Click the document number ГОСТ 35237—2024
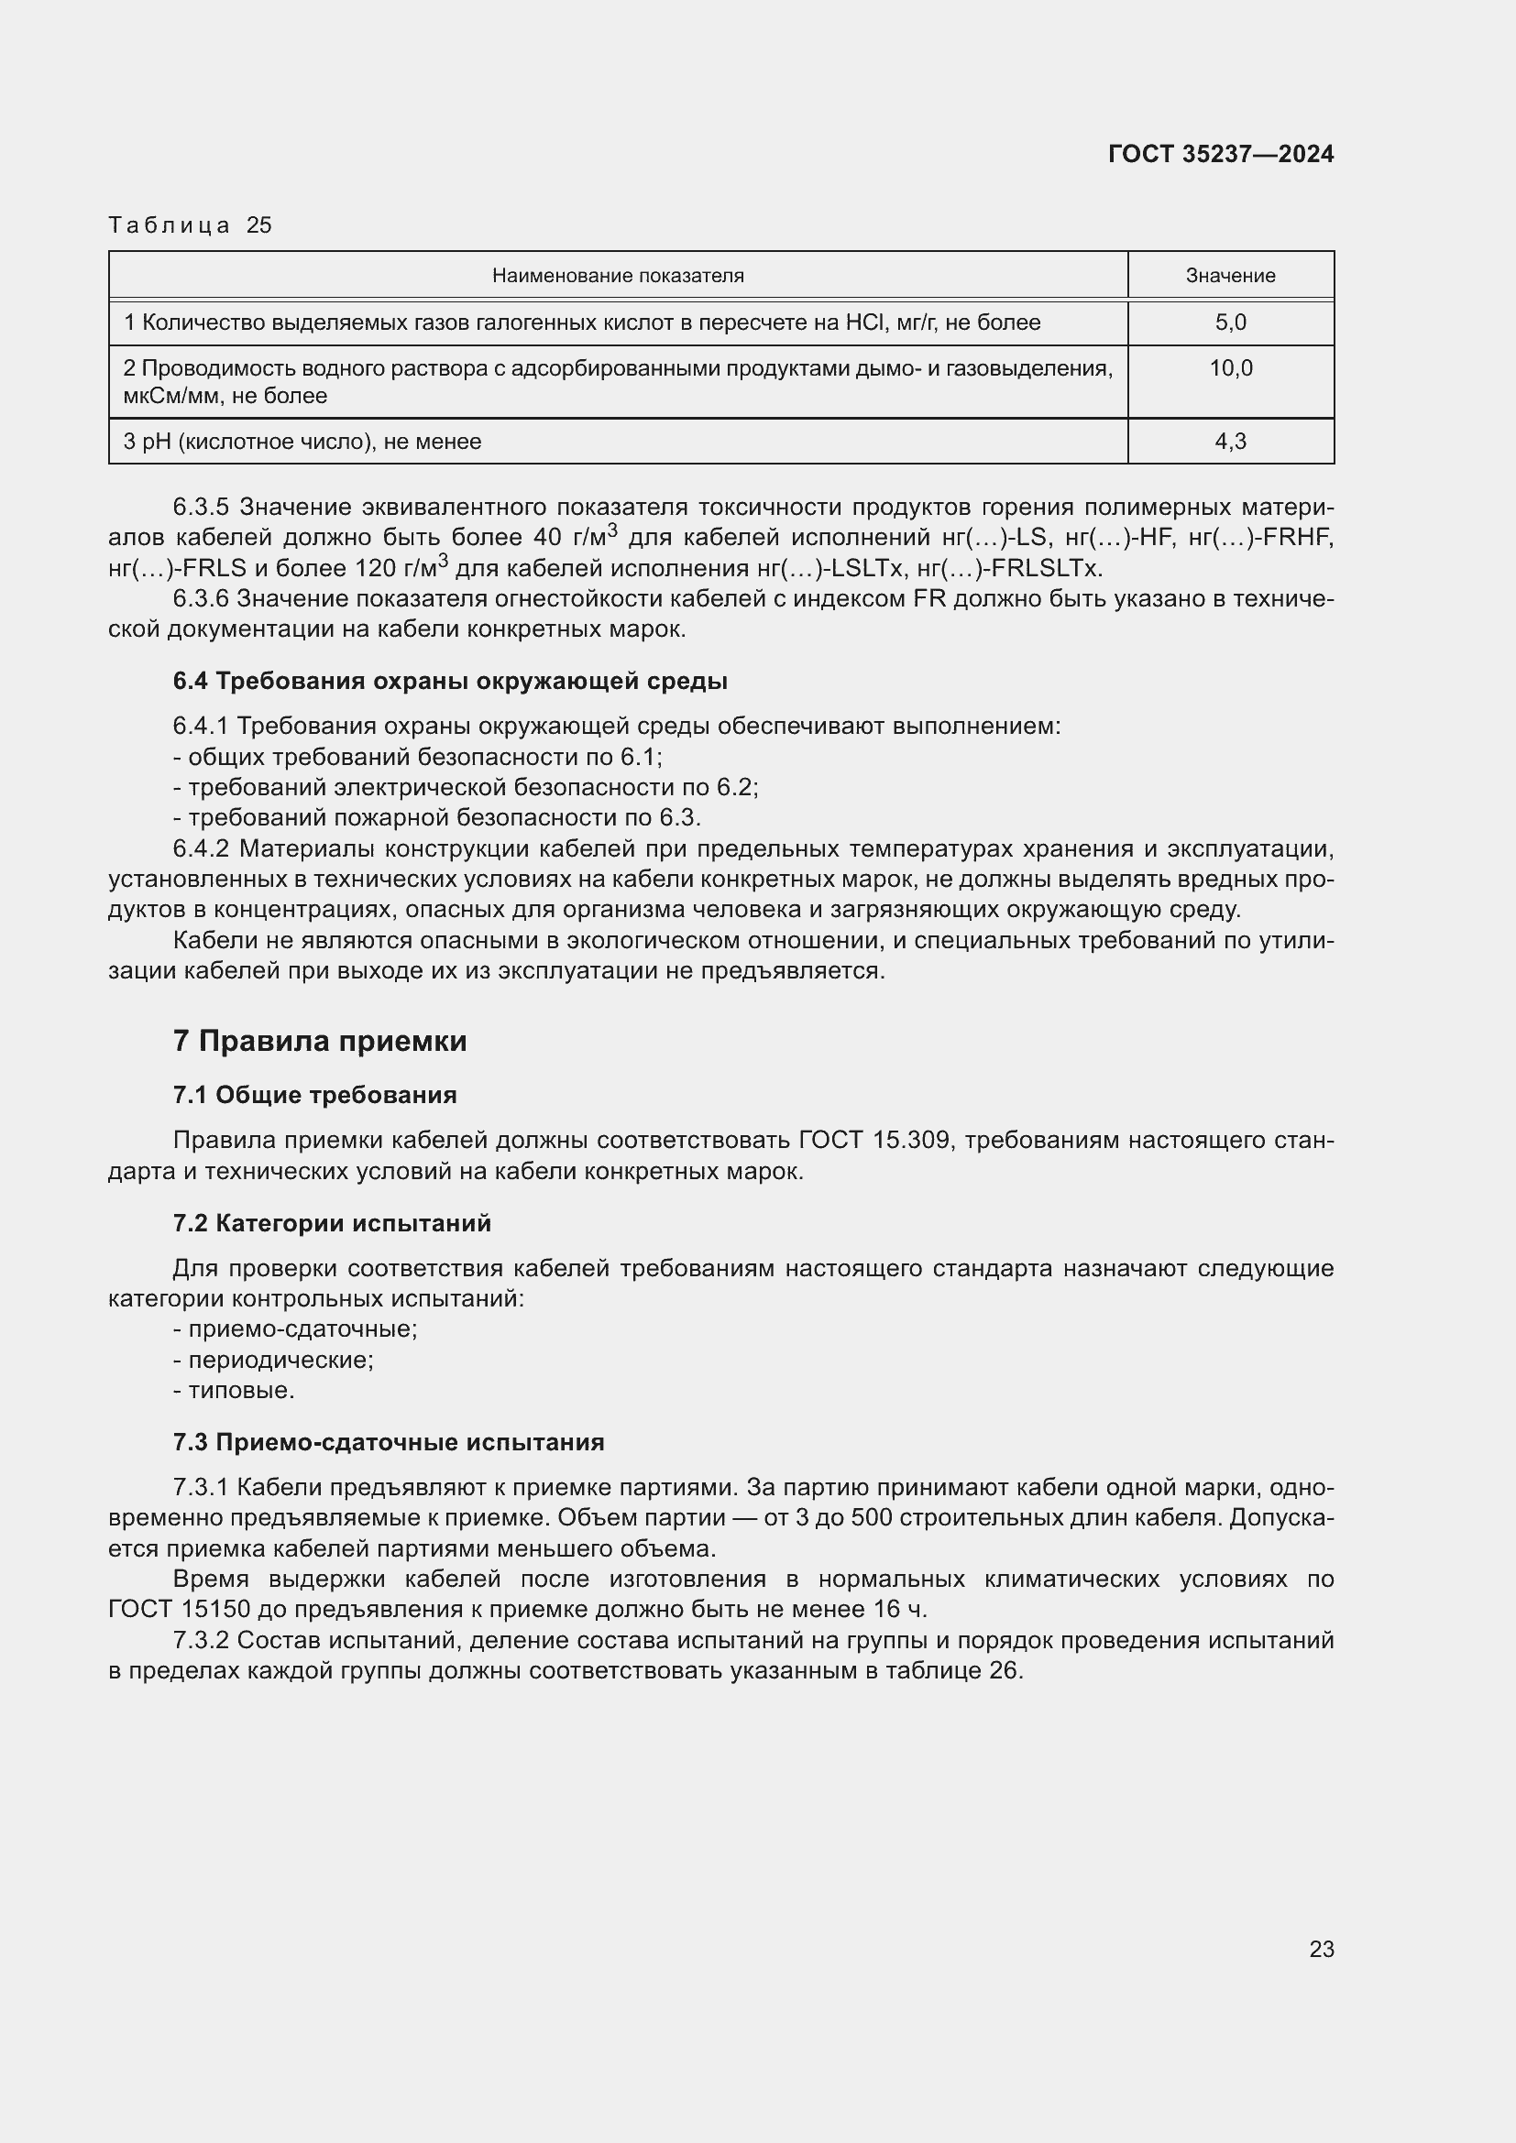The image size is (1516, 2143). click(1220, 154)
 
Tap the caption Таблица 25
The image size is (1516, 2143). click(190, 225)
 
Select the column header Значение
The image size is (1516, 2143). click(1229, 276)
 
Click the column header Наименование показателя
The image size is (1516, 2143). click(617, 276)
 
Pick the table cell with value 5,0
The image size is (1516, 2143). click(1229, 323)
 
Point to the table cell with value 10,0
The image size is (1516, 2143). click(1229, 368)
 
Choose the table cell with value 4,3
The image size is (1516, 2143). click(1229, 442)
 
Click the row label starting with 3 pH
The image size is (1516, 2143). click(302, 442)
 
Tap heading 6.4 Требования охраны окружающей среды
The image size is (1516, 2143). click(450, 682)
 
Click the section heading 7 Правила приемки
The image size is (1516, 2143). click(319, 1041)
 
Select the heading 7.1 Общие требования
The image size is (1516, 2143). click(314, 1095)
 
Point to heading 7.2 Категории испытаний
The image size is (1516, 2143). click(332, 1224)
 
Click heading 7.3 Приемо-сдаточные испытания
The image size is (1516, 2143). click(389, 1442)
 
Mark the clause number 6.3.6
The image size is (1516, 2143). click(201, 599)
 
